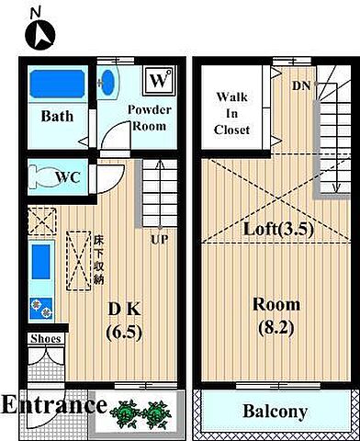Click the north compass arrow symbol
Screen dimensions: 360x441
[x=40, y=34]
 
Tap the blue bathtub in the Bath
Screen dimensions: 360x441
[x=58, y=84]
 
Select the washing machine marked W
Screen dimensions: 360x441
[x=159, y=80]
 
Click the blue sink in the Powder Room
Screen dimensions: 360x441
[x=107, y=83]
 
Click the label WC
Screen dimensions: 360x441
[x=68, y=177]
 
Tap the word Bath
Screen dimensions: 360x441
[x=57, y=117]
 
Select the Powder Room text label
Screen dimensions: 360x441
[x=150, y=118]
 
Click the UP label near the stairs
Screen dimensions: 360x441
[x=159, y=239]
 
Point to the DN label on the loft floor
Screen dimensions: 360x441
[x=301, y=86]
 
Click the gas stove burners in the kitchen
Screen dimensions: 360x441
[x=41, y=308]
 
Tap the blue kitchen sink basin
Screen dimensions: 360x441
[x=41, y=262]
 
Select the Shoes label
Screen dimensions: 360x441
[x=46, y=339]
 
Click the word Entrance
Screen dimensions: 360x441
[x=54, y=405]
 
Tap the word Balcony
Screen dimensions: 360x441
[x=275, y=412]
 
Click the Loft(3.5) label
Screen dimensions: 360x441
[x=278, y=229]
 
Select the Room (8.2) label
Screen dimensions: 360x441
[x=276, y=316]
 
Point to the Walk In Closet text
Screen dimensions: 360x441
[x=231, y=114]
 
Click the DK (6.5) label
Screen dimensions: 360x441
[x=125, y=321]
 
